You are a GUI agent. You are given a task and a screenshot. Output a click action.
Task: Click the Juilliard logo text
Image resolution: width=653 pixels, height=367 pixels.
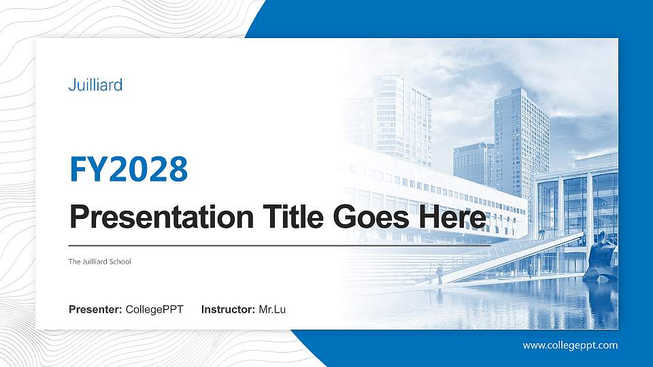95,85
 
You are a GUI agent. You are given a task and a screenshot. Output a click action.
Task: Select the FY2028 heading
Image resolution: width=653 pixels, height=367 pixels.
129,170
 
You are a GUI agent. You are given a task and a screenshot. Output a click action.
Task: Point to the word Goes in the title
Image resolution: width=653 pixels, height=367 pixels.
375,217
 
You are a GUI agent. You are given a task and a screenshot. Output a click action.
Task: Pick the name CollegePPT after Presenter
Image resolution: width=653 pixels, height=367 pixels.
154,310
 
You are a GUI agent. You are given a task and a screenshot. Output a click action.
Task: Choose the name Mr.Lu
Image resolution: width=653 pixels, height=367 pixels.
272,310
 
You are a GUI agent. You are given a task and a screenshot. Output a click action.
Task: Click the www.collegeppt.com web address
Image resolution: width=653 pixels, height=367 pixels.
570,345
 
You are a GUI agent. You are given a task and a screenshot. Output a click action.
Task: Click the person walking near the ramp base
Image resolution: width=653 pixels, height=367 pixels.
439,273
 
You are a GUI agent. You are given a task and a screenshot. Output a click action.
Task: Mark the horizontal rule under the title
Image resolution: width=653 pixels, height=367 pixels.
272,245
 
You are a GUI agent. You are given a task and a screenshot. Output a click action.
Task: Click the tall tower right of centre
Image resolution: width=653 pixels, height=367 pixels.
520,143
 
